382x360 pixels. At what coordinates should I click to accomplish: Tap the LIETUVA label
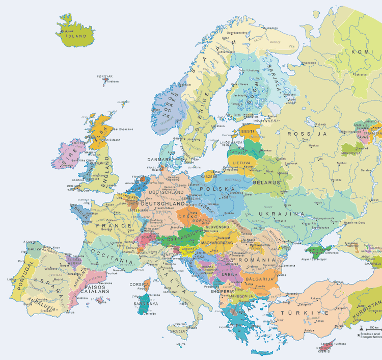(242, 163)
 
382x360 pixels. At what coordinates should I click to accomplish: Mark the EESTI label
(248, 132)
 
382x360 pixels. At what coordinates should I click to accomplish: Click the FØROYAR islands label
(104, 76)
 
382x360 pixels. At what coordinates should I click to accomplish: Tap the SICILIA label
(177, 330)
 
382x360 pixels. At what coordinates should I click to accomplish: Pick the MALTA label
(181, 344)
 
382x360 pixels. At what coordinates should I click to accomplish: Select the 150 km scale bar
(373, 327)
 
